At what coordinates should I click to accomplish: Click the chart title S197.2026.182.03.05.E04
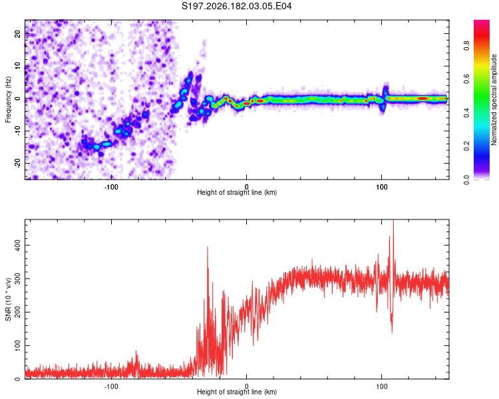236,6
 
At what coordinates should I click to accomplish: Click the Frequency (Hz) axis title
8,100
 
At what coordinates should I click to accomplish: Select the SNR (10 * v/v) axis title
8,299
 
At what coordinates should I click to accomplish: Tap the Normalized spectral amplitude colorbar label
494,100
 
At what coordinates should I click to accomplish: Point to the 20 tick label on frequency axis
17,33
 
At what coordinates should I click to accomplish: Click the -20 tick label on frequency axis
17,163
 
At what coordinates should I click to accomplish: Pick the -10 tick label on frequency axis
17,131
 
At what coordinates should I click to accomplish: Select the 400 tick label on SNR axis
17,245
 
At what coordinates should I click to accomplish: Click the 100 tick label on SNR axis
17,346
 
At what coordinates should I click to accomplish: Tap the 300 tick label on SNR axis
17,279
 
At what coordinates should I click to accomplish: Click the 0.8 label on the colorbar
466,46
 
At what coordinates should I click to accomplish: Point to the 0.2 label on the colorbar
466,146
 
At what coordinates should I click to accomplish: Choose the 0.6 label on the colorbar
466,79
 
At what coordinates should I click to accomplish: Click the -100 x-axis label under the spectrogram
111,187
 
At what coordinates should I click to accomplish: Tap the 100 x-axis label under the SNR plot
382,386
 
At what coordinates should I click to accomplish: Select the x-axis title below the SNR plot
237,392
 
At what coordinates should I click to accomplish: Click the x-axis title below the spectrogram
237,192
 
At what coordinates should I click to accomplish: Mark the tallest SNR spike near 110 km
394,221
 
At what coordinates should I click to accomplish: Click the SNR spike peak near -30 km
208,247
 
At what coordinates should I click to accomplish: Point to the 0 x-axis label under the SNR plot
246,386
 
